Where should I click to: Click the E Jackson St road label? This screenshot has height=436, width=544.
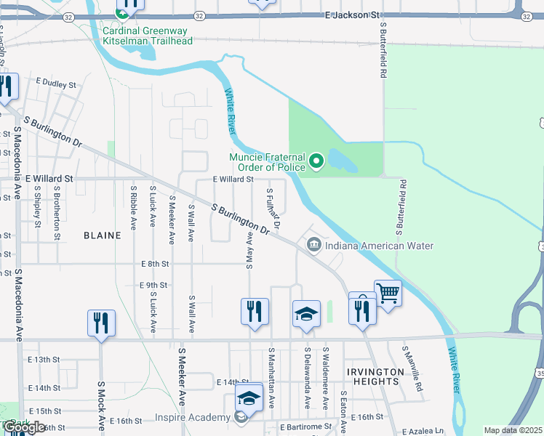[x=353, y=15]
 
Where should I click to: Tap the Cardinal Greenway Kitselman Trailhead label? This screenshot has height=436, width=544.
[x=148, y=36]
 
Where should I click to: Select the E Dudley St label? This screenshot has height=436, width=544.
[x=55, y=85]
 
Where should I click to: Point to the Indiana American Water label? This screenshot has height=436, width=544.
[x=379, y=246]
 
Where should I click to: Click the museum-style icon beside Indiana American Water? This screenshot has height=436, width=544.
[x=314, y=245]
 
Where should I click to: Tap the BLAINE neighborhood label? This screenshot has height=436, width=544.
[x=103, y=235]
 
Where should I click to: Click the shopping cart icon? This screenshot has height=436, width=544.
[x=388, y=294]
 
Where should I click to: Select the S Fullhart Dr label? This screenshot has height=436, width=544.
[x=273, y=206]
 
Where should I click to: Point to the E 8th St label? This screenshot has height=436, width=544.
[x=156, y=264]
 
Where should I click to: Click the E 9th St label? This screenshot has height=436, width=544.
[x=154, y=285]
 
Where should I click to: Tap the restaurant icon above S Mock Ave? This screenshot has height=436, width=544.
[x=102, y=323]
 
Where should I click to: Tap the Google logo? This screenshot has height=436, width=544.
[x=25, y=428]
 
